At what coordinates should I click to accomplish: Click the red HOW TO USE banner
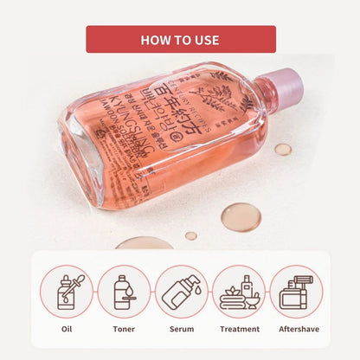(180, 39)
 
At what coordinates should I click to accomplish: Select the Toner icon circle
(124, 291)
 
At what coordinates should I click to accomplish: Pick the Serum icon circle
(181, 291)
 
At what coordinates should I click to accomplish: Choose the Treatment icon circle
(238, 291)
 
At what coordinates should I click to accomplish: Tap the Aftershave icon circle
(295, 291)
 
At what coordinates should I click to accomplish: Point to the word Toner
(124, 330)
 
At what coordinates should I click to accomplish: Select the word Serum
(181, 330)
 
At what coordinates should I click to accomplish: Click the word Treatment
(238, 330)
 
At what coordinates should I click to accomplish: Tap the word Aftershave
(295, 330)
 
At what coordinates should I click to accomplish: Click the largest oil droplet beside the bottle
(241, 216)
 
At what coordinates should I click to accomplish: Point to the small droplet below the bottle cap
(283, 149)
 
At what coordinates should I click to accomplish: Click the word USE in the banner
(204, 40)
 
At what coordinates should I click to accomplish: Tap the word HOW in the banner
(156, 40)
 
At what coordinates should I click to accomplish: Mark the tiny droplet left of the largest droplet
(190, 235)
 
